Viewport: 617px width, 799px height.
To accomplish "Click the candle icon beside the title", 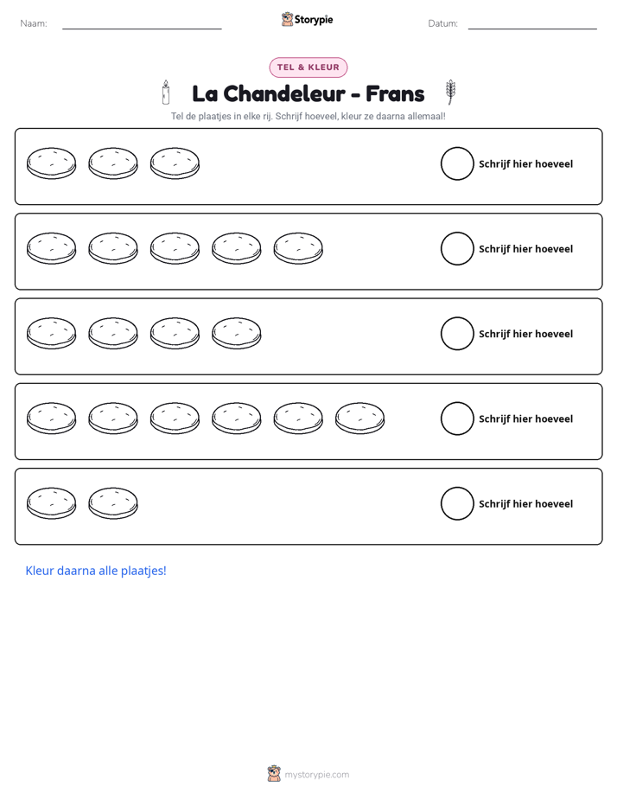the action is click(x=165, y=93).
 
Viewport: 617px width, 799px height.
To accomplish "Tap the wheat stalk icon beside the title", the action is click(x=450, y=92).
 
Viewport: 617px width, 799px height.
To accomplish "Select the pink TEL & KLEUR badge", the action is click(x=308, y=67).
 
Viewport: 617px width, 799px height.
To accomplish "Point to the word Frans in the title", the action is click(x=395, y=93).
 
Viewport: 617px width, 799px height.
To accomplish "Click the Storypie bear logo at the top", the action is click(x=287, y=19).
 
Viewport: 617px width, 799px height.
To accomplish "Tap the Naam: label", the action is click(x=34, y=23).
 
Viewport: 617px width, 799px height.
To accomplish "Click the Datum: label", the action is click(x=443, y=23).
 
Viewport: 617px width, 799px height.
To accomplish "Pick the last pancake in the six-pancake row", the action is click(x=359, y=419).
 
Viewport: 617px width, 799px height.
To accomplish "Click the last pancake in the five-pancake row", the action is click(x=298, y=249).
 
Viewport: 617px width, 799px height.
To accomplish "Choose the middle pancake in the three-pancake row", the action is click(x=113, y=163).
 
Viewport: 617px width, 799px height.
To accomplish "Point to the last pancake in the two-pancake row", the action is click(x=113, y=503).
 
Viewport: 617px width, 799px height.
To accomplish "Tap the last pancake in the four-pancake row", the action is click(x=236, y=334).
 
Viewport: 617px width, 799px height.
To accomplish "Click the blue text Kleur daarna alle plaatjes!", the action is click(x=96, y=571).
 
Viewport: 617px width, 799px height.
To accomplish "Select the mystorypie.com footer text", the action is click(x=316, y=775).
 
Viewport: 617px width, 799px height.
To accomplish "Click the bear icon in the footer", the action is click(x=274, y=774).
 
